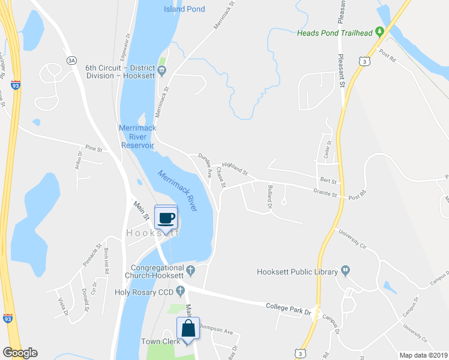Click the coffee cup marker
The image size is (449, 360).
coord(166,217)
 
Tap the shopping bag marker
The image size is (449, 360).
coord(187,329)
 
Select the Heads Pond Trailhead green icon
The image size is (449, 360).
coord(379,32)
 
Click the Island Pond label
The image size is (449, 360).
coord(184,9)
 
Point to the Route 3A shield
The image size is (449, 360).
coord(71,61)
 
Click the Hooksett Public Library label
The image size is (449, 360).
coord(297,272)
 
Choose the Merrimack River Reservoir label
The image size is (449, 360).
coord(137,137)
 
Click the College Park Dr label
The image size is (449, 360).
coord(289,308)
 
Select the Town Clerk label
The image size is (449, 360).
coord(157,341)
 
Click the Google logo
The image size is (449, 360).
coord(20,353)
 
